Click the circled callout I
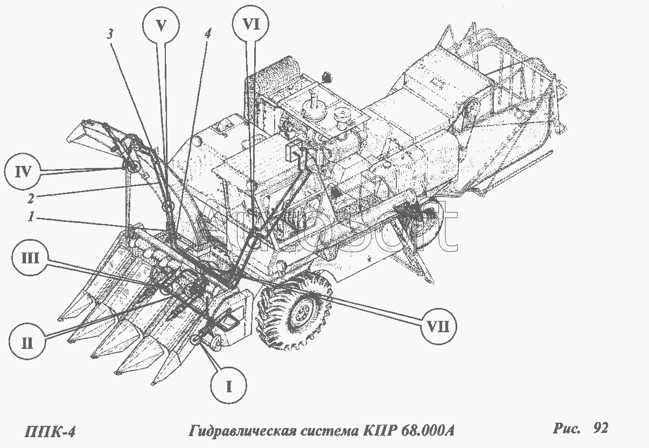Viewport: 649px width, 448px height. (x=228, y=387)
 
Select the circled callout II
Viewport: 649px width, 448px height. (x=27, y=343)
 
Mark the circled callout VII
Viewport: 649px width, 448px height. (x=438, y=327)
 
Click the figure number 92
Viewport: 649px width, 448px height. (x=601, y=428)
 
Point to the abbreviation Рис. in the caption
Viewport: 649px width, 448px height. (x=567, y=429)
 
